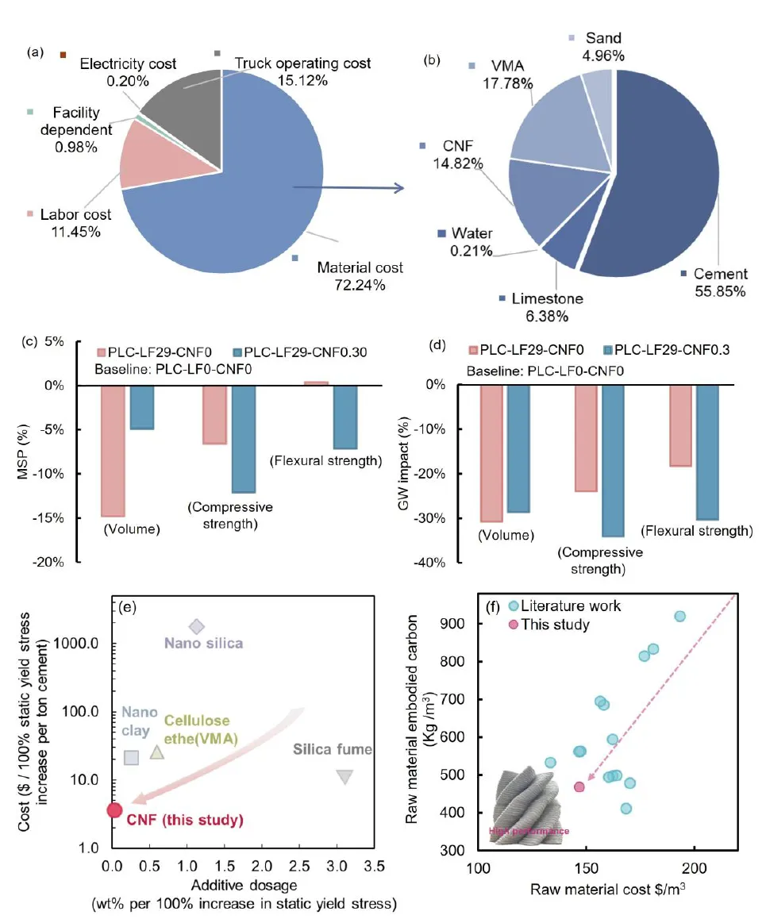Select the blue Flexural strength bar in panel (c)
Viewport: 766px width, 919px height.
345,417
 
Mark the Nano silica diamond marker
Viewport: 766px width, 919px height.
197,627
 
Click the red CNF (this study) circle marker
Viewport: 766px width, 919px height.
114,810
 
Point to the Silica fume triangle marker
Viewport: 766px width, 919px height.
344,777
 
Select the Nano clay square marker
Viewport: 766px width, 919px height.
132,757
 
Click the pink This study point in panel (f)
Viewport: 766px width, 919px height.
579,786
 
